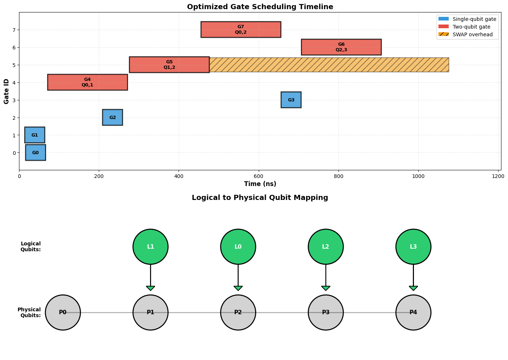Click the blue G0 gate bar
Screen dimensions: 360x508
coord(36,152)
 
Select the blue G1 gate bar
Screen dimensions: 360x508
coord(35,135)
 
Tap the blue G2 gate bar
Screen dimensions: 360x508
coord(112,117)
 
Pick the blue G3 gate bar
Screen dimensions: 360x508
coord(291,100)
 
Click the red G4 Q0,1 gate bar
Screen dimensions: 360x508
coord(87,82)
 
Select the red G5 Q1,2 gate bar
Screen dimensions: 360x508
coord(169,64)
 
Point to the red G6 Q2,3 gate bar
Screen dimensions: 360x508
coord(341,47)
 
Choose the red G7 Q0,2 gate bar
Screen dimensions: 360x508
coord(241,29)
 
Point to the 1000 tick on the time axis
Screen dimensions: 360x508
coord(418,176)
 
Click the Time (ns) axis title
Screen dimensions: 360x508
coord(260,184)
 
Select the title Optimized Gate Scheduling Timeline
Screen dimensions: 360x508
coord(260,7)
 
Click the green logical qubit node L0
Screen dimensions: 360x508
coord(238,246)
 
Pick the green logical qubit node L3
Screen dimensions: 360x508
coord(413,246)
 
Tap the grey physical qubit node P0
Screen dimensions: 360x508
coord(63,312)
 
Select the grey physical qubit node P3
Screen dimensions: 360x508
coord(326,312)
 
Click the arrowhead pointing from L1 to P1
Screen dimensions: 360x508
coord(150,288)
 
